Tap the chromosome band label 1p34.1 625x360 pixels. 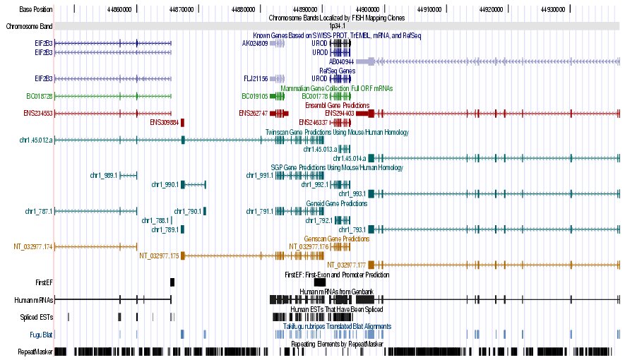(339, 25)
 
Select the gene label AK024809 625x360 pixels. (255, 43)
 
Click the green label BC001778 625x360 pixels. (315, 96)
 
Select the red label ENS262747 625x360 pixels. (254, 113)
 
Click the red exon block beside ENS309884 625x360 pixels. (182, 122)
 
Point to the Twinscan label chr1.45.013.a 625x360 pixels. (319, 149)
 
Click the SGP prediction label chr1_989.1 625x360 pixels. (104, 175)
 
